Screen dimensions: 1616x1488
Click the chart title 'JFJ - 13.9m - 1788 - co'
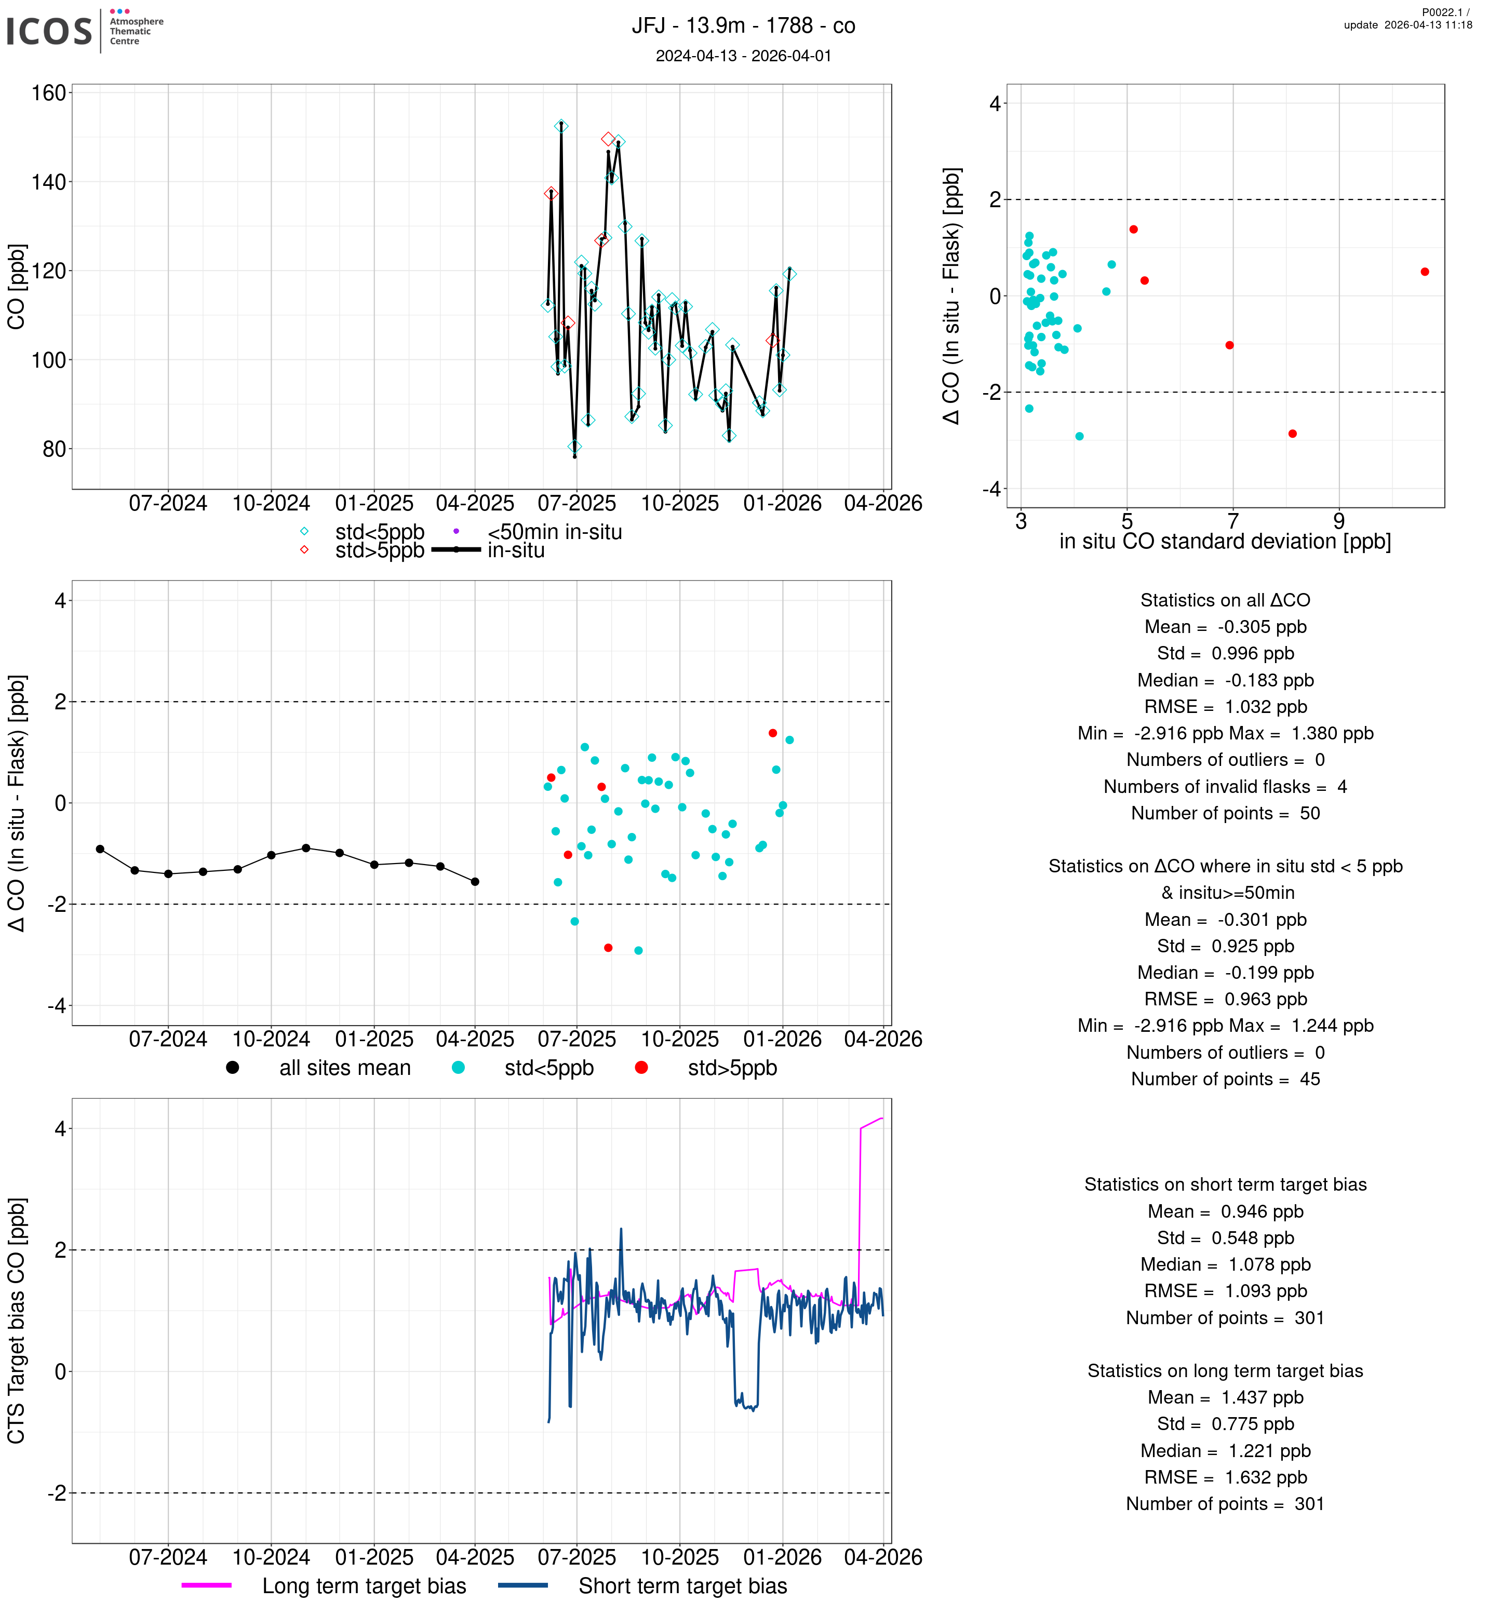(x=742, y=26)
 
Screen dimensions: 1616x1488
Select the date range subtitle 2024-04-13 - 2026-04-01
(x=742, y=56)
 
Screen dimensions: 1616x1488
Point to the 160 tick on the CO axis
(x=48, y=93)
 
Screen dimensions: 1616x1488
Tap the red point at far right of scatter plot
(x=1425, y=272)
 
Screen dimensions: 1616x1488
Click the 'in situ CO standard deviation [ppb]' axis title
(x=1224, y=541)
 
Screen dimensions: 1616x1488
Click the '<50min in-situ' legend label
(x=554, y=532)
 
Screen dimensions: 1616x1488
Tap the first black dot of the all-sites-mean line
(x=100, y=850)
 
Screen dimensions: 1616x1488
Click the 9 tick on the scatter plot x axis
(x=1338, y=522)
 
